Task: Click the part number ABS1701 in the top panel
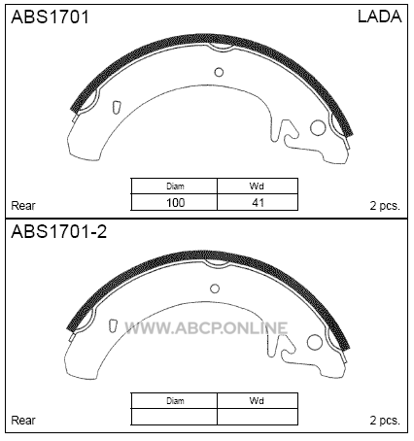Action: (50, 17)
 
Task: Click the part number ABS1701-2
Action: (58, 231)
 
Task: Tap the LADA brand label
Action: (380, 17)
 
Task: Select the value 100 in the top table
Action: (175, 203)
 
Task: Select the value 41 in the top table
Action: (258, 203)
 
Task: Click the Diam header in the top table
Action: (175, 187)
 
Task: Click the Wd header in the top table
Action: (257, 187)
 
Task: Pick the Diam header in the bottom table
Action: (175, 401)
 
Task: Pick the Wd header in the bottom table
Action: (257, 401)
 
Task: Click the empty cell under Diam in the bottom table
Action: (174, 417)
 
